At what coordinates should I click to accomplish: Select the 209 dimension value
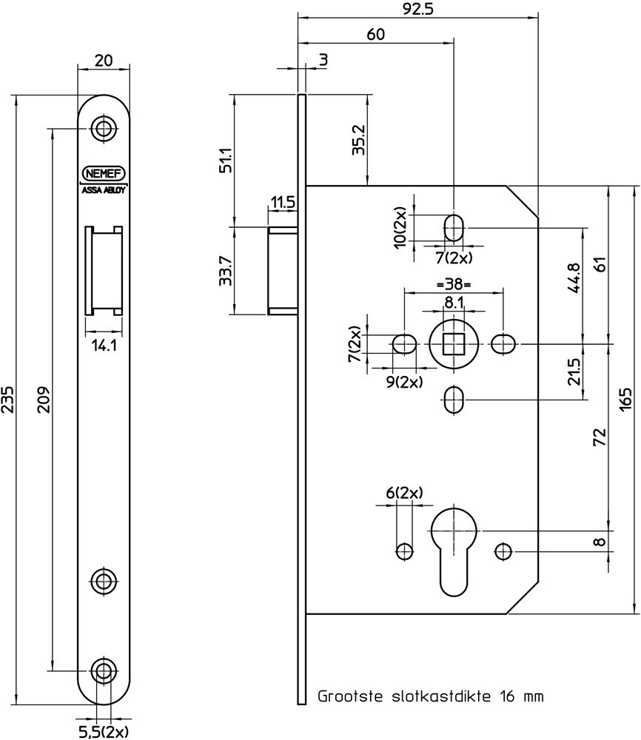pos(43,400)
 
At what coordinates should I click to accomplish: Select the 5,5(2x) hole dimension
pos(103,732)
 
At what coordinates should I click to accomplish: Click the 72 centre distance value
pos(600,438)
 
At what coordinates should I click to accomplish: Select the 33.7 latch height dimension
pos(226,271)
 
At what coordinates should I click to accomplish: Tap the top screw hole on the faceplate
pos(104,129)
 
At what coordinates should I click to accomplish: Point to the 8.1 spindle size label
pos(454,303)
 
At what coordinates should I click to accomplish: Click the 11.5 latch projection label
pos(283,202)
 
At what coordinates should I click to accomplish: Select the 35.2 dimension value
pos(358,139)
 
